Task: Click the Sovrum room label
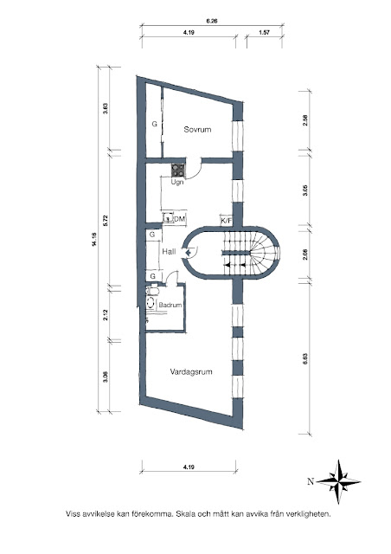pyautogui.click(x=197, y=129)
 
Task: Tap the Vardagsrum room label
pyautogui.click(x=191, y=371)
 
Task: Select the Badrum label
pyautogui.click(x=170, y=305)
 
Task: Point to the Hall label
pyautogui.click(x=169, y=252)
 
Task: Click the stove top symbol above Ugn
pyautogui.click(x=178, y=171)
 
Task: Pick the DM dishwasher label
pyautogui.click(x=180, y=219)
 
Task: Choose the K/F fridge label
pyautogui.click(x=227, y=222)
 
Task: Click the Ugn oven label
pyautogui.click(x=177, y=183)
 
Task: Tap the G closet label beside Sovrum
pyautogui.click(x=154, y=124)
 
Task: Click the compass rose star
pyautogui.click(x=338, y=481)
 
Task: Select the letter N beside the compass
pyautogui.click(x=311, y=481)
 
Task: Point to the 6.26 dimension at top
pyautogui.click(x=212, y=21)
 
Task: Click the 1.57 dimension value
pyautogui.click(x=264, y=32)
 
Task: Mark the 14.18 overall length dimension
pyautogui.click(x=93, y=239)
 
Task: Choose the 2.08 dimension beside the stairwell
pyautogui.click(x=305, y=254)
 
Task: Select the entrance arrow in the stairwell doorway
pyautogui.click(x=188, y=252)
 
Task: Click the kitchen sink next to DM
pyautogui.click(x=168, y=218)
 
